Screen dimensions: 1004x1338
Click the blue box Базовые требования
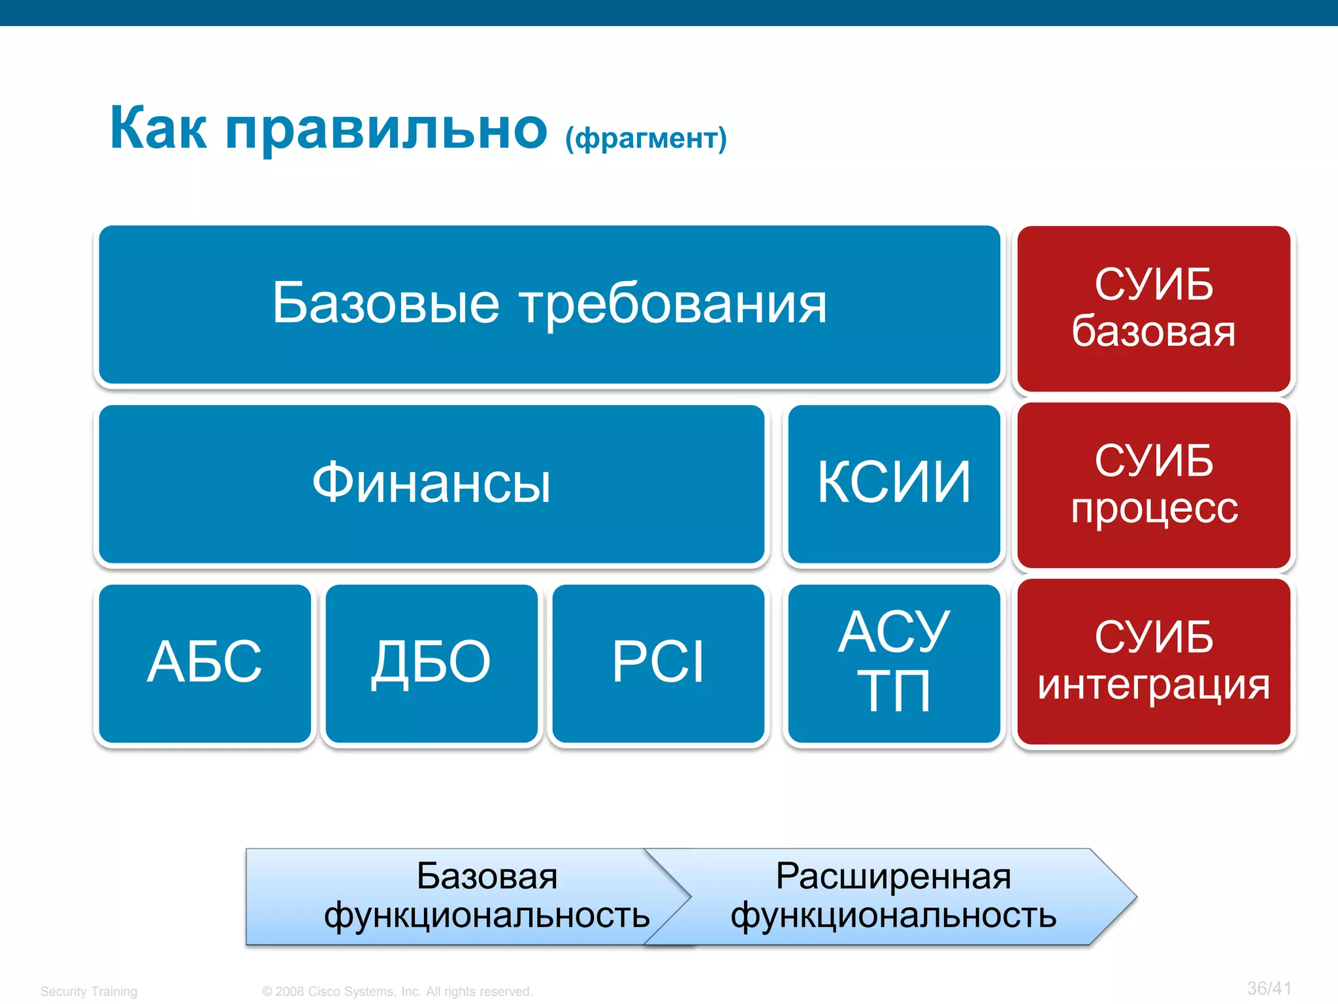[549, 305]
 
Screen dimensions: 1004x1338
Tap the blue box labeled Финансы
[431, 484]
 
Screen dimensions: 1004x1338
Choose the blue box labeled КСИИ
[894, 484]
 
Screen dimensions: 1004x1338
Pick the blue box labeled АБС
[204, 663]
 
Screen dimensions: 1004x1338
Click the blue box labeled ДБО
[431, 663]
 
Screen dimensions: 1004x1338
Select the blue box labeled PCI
[658, 663]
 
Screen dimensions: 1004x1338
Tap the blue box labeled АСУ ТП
[894, 663]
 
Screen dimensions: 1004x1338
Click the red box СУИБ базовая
[1154, 309]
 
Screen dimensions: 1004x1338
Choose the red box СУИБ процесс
[1154, 485]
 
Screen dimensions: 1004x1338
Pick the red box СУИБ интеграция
[1154, 661]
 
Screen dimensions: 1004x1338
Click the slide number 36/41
[1269, 988]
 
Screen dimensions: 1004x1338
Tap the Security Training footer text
[89, 991]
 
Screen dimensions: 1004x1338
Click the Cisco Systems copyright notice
[397, 991]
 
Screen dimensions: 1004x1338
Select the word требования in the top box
[673, 305]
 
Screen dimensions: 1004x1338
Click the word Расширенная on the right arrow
[894, 877]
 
